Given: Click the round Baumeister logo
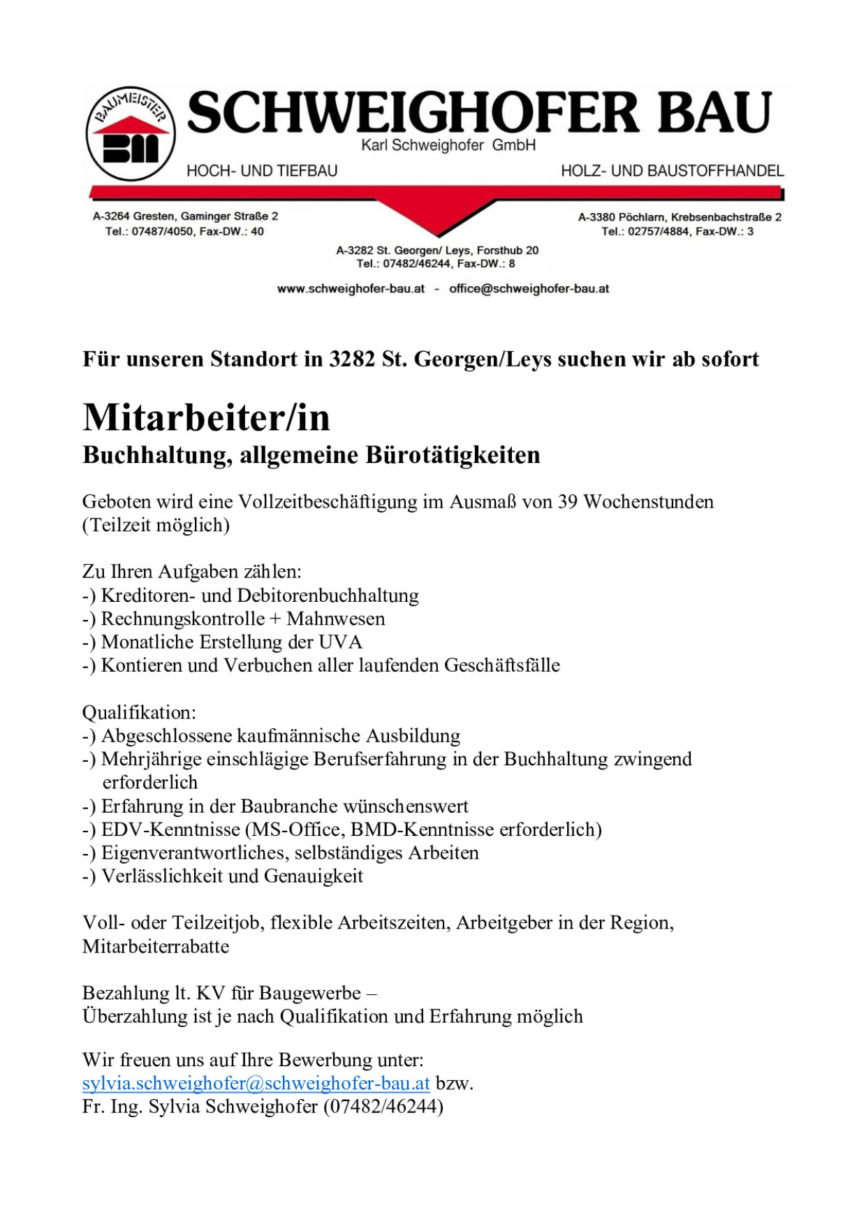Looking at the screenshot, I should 131,134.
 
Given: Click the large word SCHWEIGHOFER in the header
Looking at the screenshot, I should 413,112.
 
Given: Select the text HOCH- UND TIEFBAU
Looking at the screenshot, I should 262,171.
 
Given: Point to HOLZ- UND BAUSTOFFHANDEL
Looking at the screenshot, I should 672,171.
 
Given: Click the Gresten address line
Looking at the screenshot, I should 185,216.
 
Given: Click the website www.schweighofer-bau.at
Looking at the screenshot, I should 351,289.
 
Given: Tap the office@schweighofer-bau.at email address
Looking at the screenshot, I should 529,289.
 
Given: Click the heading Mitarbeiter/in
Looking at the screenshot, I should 206,418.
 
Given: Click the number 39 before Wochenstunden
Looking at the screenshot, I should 567,502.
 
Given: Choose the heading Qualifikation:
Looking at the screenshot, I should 139,713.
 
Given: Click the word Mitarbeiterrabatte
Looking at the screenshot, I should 156,947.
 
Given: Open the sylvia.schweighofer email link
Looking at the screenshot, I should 256,1084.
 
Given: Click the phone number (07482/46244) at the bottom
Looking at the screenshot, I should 383,1107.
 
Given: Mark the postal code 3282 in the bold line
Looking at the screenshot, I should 352,360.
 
